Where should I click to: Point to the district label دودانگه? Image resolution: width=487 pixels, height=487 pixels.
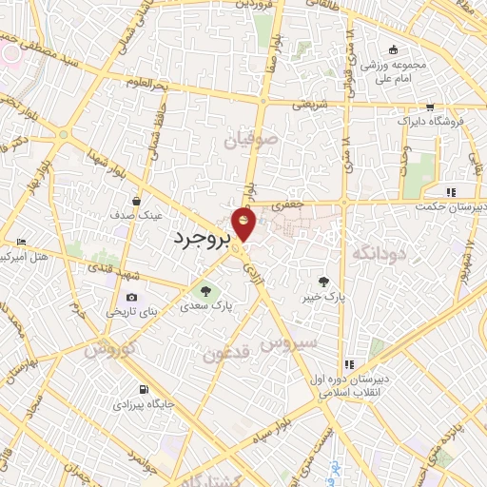point(379,253)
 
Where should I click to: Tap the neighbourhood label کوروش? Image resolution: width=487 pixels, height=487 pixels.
point(109,349)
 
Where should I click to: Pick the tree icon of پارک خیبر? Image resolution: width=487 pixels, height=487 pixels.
point(324,282)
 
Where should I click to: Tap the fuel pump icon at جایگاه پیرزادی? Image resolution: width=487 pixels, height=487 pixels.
point(143,389)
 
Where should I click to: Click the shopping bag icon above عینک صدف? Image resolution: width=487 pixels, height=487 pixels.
point(137,202)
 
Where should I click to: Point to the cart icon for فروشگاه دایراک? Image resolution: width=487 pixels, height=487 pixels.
point(430,107)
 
